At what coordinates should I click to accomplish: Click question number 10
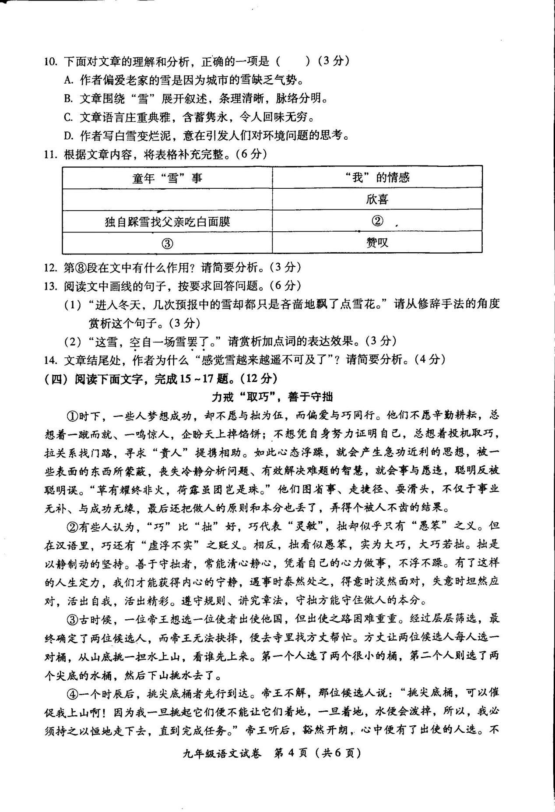[x=51, y=62]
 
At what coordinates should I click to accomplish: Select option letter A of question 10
[x=67, y=80]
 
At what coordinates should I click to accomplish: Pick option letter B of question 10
[x=67, y=99]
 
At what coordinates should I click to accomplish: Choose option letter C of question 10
[x=67, y=117]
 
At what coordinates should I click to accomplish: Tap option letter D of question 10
[x=67, y=136]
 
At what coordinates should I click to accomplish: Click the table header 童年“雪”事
[x=167, y=178]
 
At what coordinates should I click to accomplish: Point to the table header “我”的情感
[x=377, y=177]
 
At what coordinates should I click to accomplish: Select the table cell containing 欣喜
[x=377, y=200]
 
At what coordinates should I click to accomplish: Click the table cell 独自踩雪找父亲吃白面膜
[x=167, y=222]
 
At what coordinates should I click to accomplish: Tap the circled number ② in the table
[x=377, y=221]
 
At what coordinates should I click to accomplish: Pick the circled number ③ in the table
[x=167, y=244]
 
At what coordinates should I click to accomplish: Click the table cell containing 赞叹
[x=377, y=243]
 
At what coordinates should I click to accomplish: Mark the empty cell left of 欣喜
[x=167, y=200]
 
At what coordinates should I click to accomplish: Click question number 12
[x=51, y=267]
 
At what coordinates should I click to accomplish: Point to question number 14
[x=51, y=360]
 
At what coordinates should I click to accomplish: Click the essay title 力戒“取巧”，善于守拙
[x=272, y=397]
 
